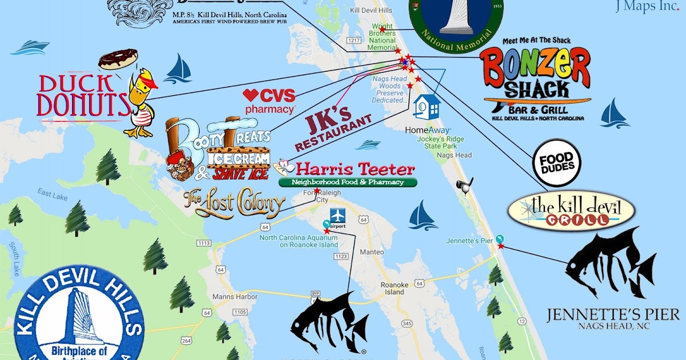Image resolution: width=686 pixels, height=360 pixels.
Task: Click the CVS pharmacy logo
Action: (269, 101)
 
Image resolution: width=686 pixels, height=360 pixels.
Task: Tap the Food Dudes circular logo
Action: (557, 162)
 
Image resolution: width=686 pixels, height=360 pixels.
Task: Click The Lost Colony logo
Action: (234, 202)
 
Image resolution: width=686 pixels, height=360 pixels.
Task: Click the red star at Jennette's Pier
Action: (501, 246)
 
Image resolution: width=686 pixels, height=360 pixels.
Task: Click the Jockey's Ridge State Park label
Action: (441, 138)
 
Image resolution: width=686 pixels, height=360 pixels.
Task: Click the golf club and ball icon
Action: (465, 186)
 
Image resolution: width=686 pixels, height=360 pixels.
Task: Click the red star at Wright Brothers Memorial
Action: (382, 30)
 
